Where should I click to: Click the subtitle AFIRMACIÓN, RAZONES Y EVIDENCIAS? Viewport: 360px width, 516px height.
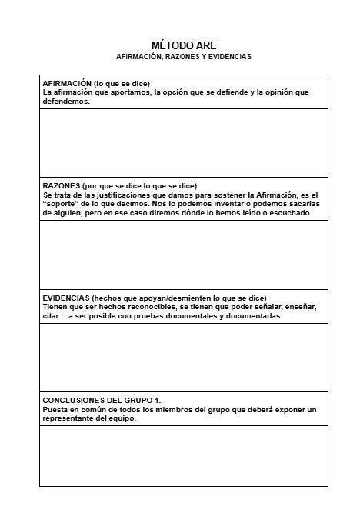tap(184, 57)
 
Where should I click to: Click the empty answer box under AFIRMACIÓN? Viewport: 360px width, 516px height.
tap(184, 143)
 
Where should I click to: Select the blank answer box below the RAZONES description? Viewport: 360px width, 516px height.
tap(184, 254)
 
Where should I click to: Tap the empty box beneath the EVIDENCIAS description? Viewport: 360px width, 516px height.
tap(184, 357)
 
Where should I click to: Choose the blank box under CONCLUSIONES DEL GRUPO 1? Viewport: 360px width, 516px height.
tap(184, 455)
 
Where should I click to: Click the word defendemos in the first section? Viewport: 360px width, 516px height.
tap(66, 102)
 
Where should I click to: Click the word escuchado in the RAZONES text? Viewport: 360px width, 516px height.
tap(292, 213)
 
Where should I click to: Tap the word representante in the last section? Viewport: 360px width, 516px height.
tap(68, 419)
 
